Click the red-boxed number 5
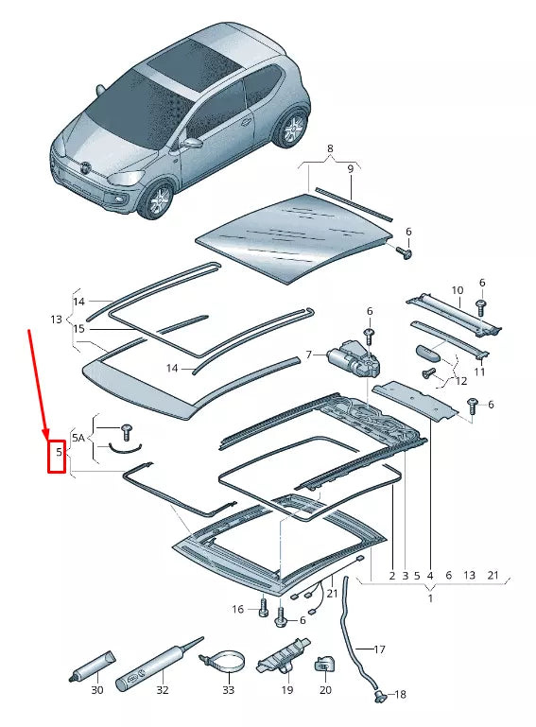click(57, 454)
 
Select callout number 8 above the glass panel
click(329, 149)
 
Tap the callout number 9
click(349, 169)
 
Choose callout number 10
click(457, 290)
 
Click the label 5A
click(79, 438)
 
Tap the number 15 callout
click(79, 329)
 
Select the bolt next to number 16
click(264, 610)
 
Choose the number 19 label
click(286, 690)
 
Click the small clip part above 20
click(324, 662)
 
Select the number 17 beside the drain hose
click(380, 649)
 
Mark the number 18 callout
click(399, 695)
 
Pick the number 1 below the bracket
click(430, 597)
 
